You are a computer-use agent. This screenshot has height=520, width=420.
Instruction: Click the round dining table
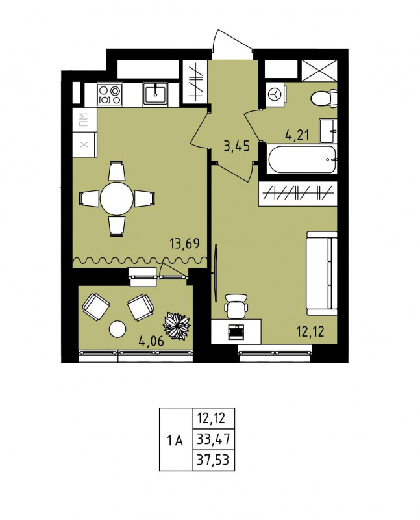point(117,199)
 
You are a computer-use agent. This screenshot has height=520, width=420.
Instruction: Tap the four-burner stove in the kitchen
point(110,94)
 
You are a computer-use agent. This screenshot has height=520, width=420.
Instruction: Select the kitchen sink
point(156,94)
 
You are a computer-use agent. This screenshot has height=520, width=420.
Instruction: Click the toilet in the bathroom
point(325,98)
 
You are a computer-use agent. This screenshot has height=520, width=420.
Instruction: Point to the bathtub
point(301,159)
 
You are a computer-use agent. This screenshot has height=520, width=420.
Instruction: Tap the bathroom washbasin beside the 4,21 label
point(328,131)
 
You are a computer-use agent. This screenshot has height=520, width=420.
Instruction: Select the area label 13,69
point(185,244)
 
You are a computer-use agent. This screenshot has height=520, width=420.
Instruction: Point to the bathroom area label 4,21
point(297,135)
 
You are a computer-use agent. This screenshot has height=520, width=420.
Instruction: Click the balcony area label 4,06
point(152,341)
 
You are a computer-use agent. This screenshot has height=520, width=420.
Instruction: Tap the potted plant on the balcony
point(177,326)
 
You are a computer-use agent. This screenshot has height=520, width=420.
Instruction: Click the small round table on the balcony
point(117,329)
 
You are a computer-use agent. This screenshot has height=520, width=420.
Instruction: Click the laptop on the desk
point(236,331)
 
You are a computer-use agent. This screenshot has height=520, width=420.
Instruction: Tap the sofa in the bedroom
point(321,273)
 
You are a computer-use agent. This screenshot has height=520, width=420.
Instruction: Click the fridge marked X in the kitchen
point(84,144)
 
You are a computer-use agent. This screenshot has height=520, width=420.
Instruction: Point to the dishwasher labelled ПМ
point(84,120)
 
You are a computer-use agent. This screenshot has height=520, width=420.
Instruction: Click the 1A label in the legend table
point(175,441)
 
